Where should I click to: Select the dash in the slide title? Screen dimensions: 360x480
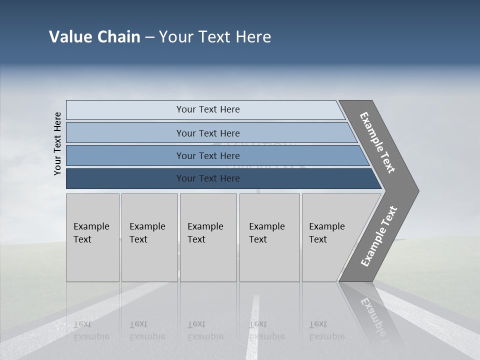pyautogui.click(x=149, y=37)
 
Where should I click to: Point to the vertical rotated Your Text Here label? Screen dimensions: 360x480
pyautogui.click(x=57, y=143)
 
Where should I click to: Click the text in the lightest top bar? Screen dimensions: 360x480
pyautogui.click(x=208, y=109)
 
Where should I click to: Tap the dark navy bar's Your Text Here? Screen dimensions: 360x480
pyautogui.click(x=208, y=178)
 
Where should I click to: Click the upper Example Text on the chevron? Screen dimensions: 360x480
pyautogui.click(x=377, y=142)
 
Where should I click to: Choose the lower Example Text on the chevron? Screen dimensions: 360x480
pyautogui.click(x=378, y=236)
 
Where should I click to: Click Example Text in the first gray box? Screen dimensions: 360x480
pyautogui.click(x=91, y=233)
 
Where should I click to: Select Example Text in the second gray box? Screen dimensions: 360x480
pyautogui.click(x=147, y=233)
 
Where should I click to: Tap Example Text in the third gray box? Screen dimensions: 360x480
pyautogui.click(x=205, y=233)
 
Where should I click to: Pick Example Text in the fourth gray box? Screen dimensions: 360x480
pyautogui.click(x=266, y=233)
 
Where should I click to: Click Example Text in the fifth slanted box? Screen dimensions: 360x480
pyautogui.click(x=326, y=233)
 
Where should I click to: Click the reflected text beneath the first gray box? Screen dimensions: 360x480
pyautogui.click(x=91, y=330)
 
